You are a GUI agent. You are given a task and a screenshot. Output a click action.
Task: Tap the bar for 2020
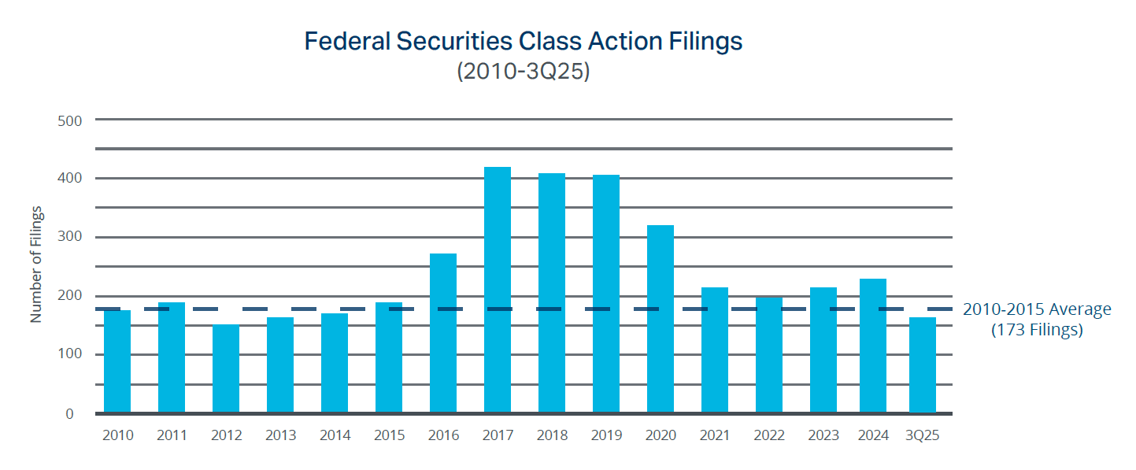(x=661, y=319)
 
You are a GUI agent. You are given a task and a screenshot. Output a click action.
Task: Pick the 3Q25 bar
(x=923, y=365)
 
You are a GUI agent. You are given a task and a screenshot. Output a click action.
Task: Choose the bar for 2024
(x=873, y=346)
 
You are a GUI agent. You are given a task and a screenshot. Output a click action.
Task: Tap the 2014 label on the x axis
(x=335, y=435)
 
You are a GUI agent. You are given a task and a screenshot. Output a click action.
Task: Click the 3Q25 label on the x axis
(x=923, y=435)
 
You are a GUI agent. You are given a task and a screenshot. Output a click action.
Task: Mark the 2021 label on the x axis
(x=715, y=435)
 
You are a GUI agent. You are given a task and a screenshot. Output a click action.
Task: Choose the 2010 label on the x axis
(x=118, y=435)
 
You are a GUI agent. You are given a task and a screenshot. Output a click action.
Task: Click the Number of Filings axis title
(x=36, y=265)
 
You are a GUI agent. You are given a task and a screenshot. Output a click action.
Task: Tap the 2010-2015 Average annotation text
(x=1037, y=309)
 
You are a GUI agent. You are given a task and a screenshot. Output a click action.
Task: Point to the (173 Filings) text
(x=1036, y=330)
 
